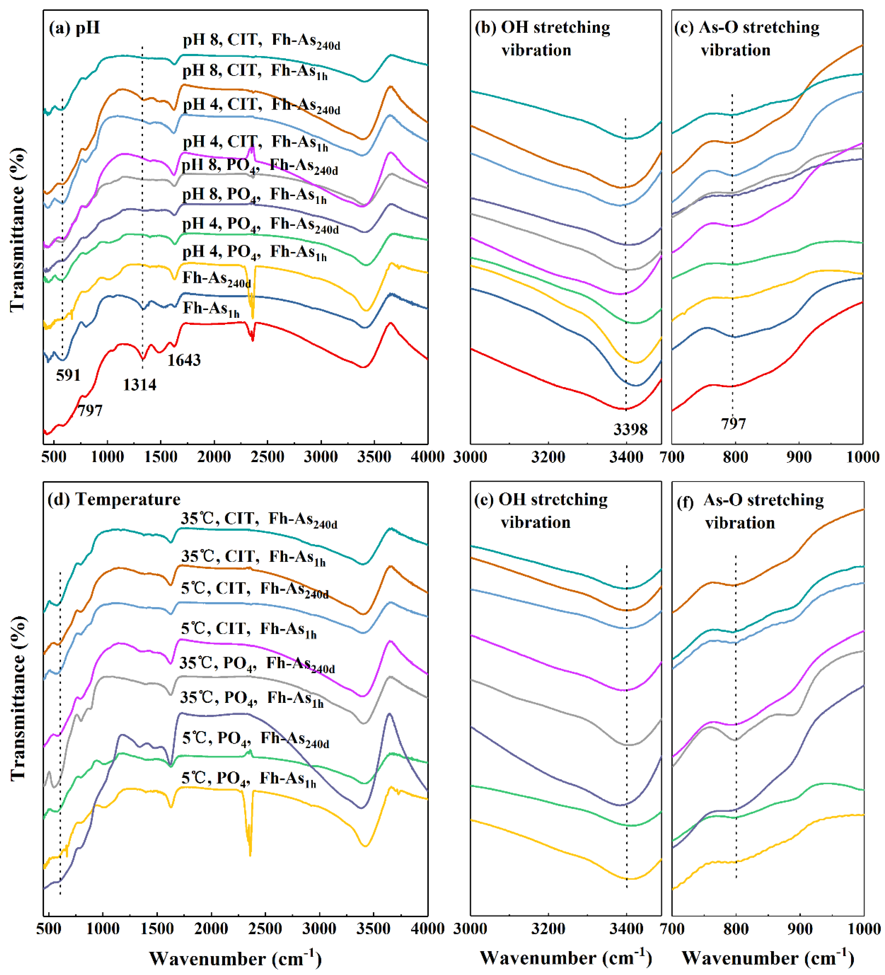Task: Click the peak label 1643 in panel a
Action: tap(184, 360)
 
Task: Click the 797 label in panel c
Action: tap(733, 424)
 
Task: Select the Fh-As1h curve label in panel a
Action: tap(211, 308)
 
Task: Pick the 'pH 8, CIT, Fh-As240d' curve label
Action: tap(261, 41)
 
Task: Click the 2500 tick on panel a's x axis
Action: tap(267, 457)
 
